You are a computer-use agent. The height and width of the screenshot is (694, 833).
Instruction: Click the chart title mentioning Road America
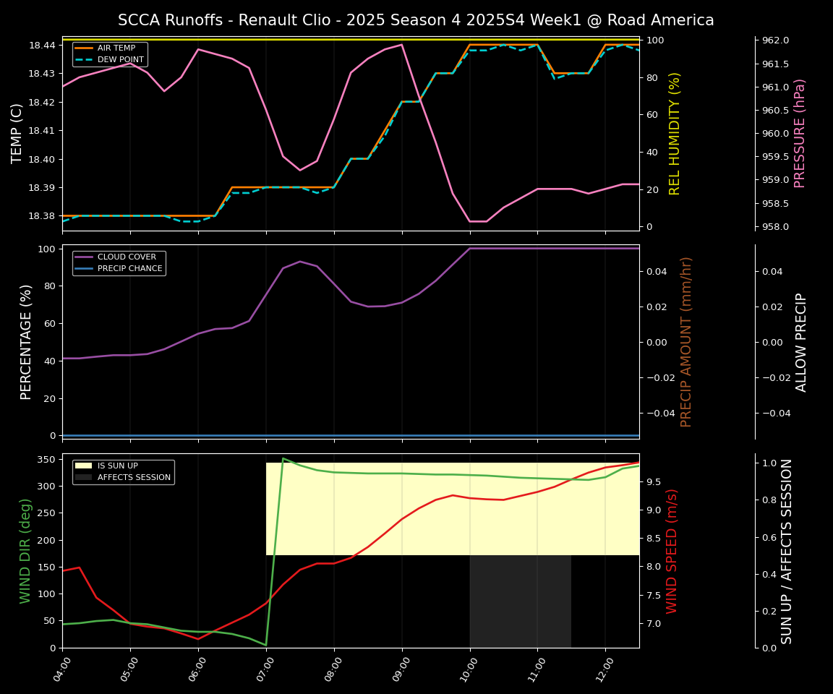point(416,20)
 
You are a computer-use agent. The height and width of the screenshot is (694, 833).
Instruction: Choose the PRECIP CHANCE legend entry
point(129,268)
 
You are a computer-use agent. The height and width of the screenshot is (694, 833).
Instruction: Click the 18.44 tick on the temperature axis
point(41,46)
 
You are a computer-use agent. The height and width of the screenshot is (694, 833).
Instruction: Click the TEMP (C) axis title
point(17,133)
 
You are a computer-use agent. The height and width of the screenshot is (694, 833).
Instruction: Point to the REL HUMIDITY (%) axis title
point(675,133)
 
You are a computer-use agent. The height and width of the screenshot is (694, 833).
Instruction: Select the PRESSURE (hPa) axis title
point(800,133)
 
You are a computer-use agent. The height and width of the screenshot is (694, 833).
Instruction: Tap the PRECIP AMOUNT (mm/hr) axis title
point(686,341)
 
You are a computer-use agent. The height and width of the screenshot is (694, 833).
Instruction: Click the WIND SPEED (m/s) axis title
point(672,551)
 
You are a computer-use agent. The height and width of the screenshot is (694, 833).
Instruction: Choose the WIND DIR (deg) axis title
point(26,551)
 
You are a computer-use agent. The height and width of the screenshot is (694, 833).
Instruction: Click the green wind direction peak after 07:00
point(283,458)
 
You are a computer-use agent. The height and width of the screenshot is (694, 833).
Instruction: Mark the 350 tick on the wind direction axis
point(46,460)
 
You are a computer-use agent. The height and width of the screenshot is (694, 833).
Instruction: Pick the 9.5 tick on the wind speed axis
point(654,482)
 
